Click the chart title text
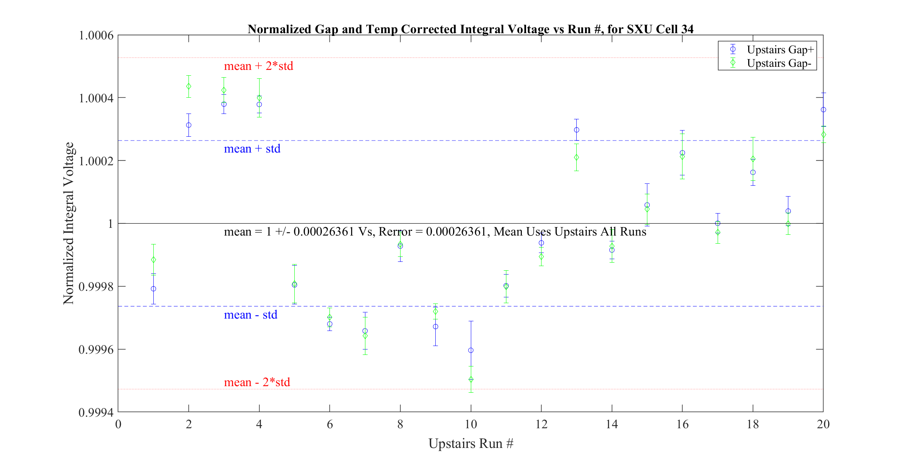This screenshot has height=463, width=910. coord(470,29)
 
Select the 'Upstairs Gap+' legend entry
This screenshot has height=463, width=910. coord(780,49)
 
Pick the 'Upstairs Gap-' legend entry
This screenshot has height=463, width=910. coord(779,63)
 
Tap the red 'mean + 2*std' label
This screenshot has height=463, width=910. coord(258,66)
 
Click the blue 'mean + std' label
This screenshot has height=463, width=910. coord(252,149)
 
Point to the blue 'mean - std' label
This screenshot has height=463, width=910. coord(250,315)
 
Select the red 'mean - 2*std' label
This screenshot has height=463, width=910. coord(256,382)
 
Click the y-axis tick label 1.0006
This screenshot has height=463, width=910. coord(96,36)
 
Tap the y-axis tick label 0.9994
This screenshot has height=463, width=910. coord(96,412)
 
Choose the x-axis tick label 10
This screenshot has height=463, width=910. coord(470,424)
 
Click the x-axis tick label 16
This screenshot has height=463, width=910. coord(682,424)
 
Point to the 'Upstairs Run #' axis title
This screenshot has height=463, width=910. coord(470,443)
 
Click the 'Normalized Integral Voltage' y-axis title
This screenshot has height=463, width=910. coord(68,223)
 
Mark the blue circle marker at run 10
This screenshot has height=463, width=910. coord(471,350)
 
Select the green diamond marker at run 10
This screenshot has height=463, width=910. coord(471,379)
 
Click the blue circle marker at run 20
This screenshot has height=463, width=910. coord(823,110)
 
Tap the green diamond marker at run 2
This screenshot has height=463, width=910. coord(188,86)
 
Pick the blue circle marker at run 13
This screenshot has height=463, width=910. coord(576,130)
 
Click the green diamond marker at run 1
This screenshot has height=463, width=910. coord(153,259)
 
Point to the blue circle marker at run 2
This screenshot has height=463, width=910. coord(188,125)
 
